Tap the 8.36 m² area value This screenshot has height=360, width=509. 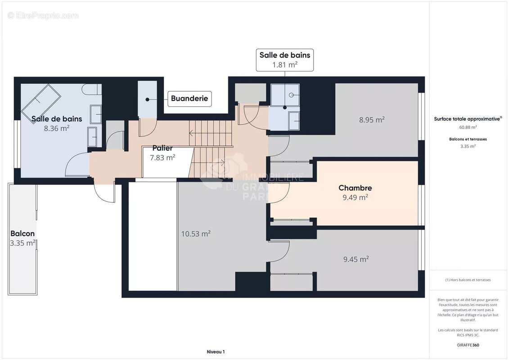(x=57, y=128)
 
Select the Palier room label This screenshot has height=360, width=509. (x=162, y=148)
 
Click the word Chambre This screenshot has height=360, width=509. (x=355, y=188)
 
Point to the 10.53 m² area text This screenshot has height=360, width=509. (x=196, y=234)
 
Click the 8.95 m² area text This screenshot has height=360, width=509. (x=371, y=120)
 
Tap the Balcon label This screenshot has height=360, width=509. (x=23, y=234)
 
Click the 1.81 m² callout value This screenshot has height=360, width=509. (x=284, y=65)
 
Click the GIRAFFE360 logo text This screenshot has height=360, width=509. (x=468, y=345)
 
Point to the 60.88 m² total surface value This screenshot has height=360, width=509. (x=468, y=127)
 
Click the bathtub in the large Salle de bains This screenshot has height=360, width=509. (x=41, y=101)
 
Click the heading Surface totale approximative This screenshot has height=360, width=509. (x=467, y=119)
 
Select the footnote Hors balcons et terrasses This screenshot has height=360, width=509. (x=468, y=280)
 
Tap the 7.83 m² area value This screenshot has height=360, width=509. (x=162, y=157)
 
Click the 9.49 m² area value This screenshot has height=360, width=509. (x=355, y=197)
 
